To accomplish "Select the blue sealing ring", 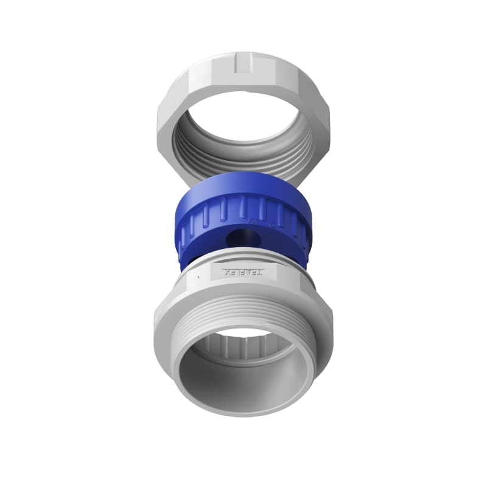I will pyautogui.click(x=243, y=219).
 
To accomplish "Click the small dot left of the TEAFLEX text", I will pyautogui.click(x=199, y=276).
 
